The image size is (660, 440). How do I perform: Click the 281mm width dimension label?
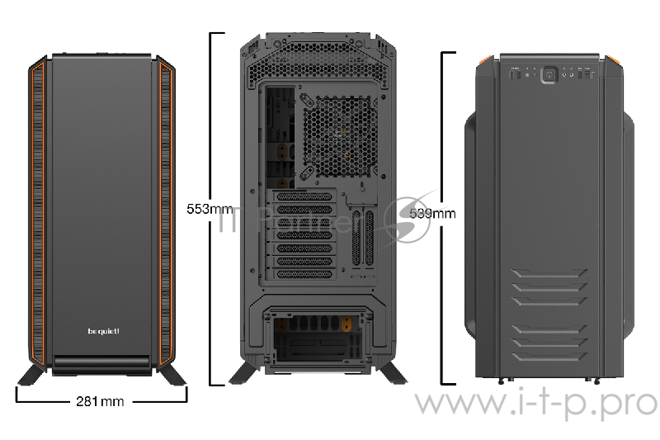99,401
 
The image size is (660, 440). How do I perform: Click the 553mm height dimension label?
210,208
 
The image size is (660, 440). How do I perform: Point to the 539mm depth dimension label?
432,213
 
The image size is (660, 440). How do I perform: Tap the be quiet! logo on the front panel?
103,332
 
